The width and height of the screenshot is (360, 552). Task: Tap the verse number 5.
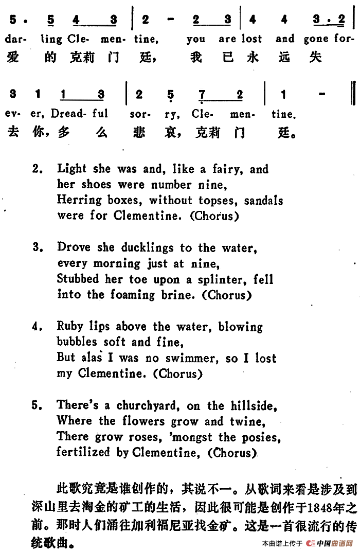point(35,405)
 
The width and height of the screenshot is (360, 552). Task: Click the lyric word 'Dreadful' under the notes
point(80,114)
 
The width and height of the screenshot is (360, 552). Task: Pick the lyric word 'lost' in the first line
point(250,39)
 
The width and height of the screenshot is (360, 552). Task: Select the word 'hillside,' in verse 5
point(253,405)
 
